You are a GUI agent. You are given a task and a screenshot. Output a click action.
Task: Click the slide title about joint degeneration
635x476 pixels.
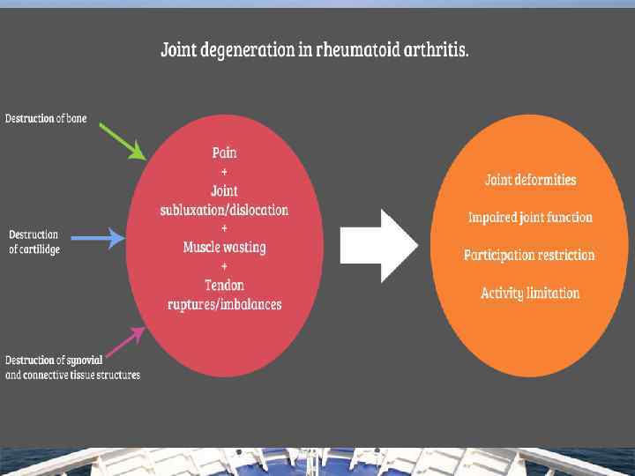(314, 49)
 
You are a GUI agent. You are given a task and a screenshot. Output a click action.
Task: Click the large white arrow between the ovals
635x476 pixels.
(378, 246)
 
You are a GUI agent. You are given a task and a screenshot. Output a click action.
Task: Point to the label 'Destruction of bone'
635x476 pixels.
(46, 118)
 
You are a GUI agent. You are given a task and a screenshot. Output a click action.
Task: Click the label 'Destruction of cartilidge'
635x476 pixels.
(34, 242)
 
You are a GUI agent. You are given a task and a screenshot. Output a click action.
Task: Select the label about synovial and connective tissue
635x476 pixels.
(72, 368)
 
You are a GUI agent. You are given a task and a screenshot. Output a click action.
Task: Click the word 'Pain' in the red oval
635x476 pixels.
(224, 152)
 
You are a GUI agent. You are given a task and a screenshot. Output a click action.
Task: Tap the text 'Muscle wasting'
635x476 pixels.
(224, 248)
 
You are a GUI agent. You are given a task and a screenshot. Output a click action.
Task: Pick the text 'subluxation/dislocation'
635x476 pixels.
(224, 210)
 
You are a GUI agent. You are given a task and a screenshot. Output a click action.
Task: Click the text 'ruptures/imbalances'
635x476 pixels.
(224, 305)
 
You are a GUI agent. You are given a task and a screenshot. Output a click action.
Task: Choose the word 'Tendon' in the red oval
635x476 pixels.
(224, 286)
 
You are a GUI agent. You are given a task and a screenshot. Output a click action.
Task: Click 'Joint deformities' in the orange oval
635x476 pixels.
(530, 180)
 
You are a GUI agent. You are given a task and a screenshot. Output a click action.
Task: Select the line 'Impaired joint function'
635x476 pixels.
(530, 217)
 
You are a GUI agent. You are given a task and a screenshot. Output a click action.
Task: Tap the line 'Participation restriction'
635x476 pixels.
(529, 256)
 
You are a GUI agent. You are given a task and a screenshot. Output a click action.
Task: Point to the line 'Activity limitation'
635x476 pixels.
(530, 293)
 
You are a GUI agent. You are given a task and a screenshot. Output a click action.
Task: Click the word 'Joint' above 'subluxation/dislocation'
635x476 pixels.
(224, 190)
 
